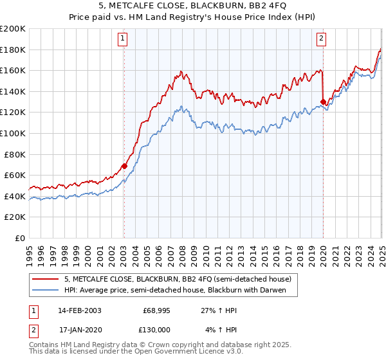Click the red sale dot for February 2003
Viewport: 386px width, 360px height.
[125, 166]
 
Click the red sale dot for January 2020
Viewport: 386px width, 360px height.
[323, 102]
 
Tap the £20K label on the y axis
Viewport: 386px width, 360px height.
[15, 217]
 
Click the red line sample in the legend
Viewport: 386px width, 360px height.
[46, 279]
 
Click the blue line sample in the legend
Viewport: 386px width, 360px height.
[46, 290]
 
